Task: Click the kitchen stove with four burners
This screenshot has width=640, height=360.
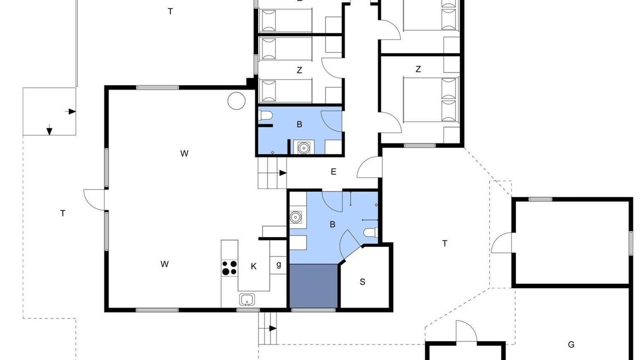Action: pyautogui.click(x=229, y=267)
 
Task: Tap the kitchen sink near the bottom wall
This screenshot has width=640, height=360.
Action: pyautogui.click(x=247, y=299)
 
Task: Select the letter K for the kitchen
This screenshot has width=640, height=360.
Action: pyautogui.click(x=253, y=266)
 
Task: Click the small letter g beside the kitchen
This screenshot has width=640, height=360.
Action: pyautogui.click(x=278, y=265)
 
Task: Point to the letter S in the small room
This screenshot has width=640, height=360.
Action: pyautogui.click(x=362, y=282)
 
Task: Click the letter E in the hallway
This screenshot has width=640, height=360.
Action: pyautogui.click(x=333, y=171)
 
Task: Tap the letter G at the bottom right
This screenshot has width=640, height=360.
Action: pyautogui.click(x=571, y=344)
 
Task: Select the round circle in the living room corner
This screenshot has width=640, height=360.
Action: pyautogui.click(x=236, y=101)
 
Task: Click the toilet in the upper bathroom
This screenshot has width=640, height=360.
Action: pyautogui.click(x=265, y=115)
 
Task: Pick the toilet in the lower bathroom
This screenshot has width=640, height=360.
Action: pyautogui.click(x=371, y=232)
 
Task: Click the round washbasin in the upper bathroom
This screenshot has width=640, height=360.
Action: pyautogui.click(x=303, y=147)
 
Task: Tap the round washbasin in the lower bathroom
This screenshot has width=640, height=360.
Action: pyautogui.click(x=295, y=217)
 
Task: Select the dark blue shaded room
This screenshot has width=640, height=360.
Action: pyautogui.click(x=313, y=285)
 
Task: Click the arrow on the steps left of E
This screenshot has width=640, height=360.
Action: pyautogui.click(x=283, y=173)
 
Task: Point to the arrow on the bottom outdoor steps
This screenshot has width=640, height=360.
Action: pyautogui.click(x=273, y=328)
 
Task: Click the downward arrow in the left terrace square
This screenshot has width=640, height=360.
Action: pyautogui.click(x=49, y=130)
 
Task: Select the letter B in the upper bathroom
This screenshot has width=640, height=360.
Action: pyautogui.click(x=299, y=124)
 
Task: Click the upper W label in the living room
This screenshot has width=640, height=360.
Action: pyautogui.click(x=184, y=153)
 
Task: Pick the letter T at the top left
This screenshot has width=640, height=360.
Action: pyautogui.click(x=170, y=11)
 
